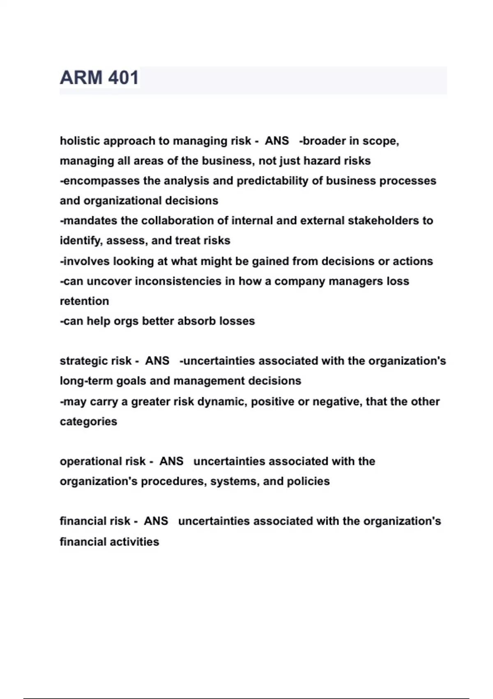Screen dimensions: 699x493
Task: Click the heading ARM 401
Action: click(x=99, y=78)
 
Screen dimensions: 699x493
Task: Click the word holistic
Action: click(x=80, y=141)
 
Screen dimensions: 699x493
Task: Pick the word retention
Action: click(x=84, y=301)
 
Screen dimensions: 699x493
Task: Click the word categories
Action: click(x=88, y=421)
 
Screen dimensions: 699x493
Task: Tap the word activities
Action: click(x=134, y=542)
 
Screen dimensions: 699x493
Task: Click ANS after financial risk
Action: click(x=156, y=521)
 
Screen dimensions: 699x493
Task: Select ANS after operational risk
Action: click(x=171, y=461)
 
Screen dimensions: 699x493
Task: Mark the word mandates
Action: click(x=90, y=221)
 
